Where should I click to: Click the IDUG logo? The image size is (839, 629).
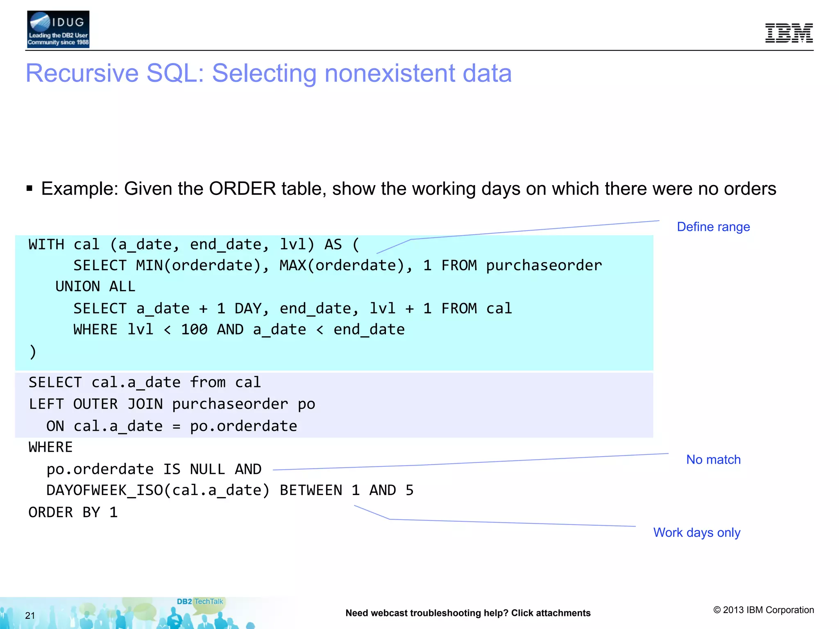[58, 29]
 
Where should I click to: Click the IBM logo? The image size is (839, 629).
[789, 33]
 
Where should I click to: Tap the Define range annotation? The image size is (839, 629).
[713, 227]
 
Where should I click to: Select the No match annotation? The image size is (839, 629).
[713, 459]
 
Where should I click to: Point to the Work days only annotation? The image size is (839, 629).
[696, 532]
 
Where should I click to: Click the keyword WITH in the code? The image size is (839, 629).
[46, 244]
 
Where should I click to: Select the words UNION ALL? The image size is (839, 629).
[95, 286]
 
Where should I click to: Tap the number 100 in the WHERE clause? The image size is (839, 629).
[194, 329]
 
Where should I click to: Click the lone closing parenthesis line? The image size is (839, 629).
[33, 351]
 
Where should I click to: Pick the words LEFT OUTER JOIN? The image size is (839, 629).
[95, 404]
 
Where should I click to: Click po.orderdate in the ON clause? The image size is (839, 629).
[243, 426]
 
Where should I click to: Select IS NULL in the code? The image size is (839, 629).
[194, 469]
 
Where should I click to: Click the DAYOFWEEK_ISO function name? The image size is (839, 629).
[104, 490]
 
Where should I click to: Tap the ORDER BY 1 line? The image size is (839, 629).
[73, 512]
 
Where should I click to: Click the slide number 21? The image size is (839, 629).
[30, 615]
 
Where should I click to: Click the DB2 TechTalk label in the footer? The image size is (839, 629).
[200, 602]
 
